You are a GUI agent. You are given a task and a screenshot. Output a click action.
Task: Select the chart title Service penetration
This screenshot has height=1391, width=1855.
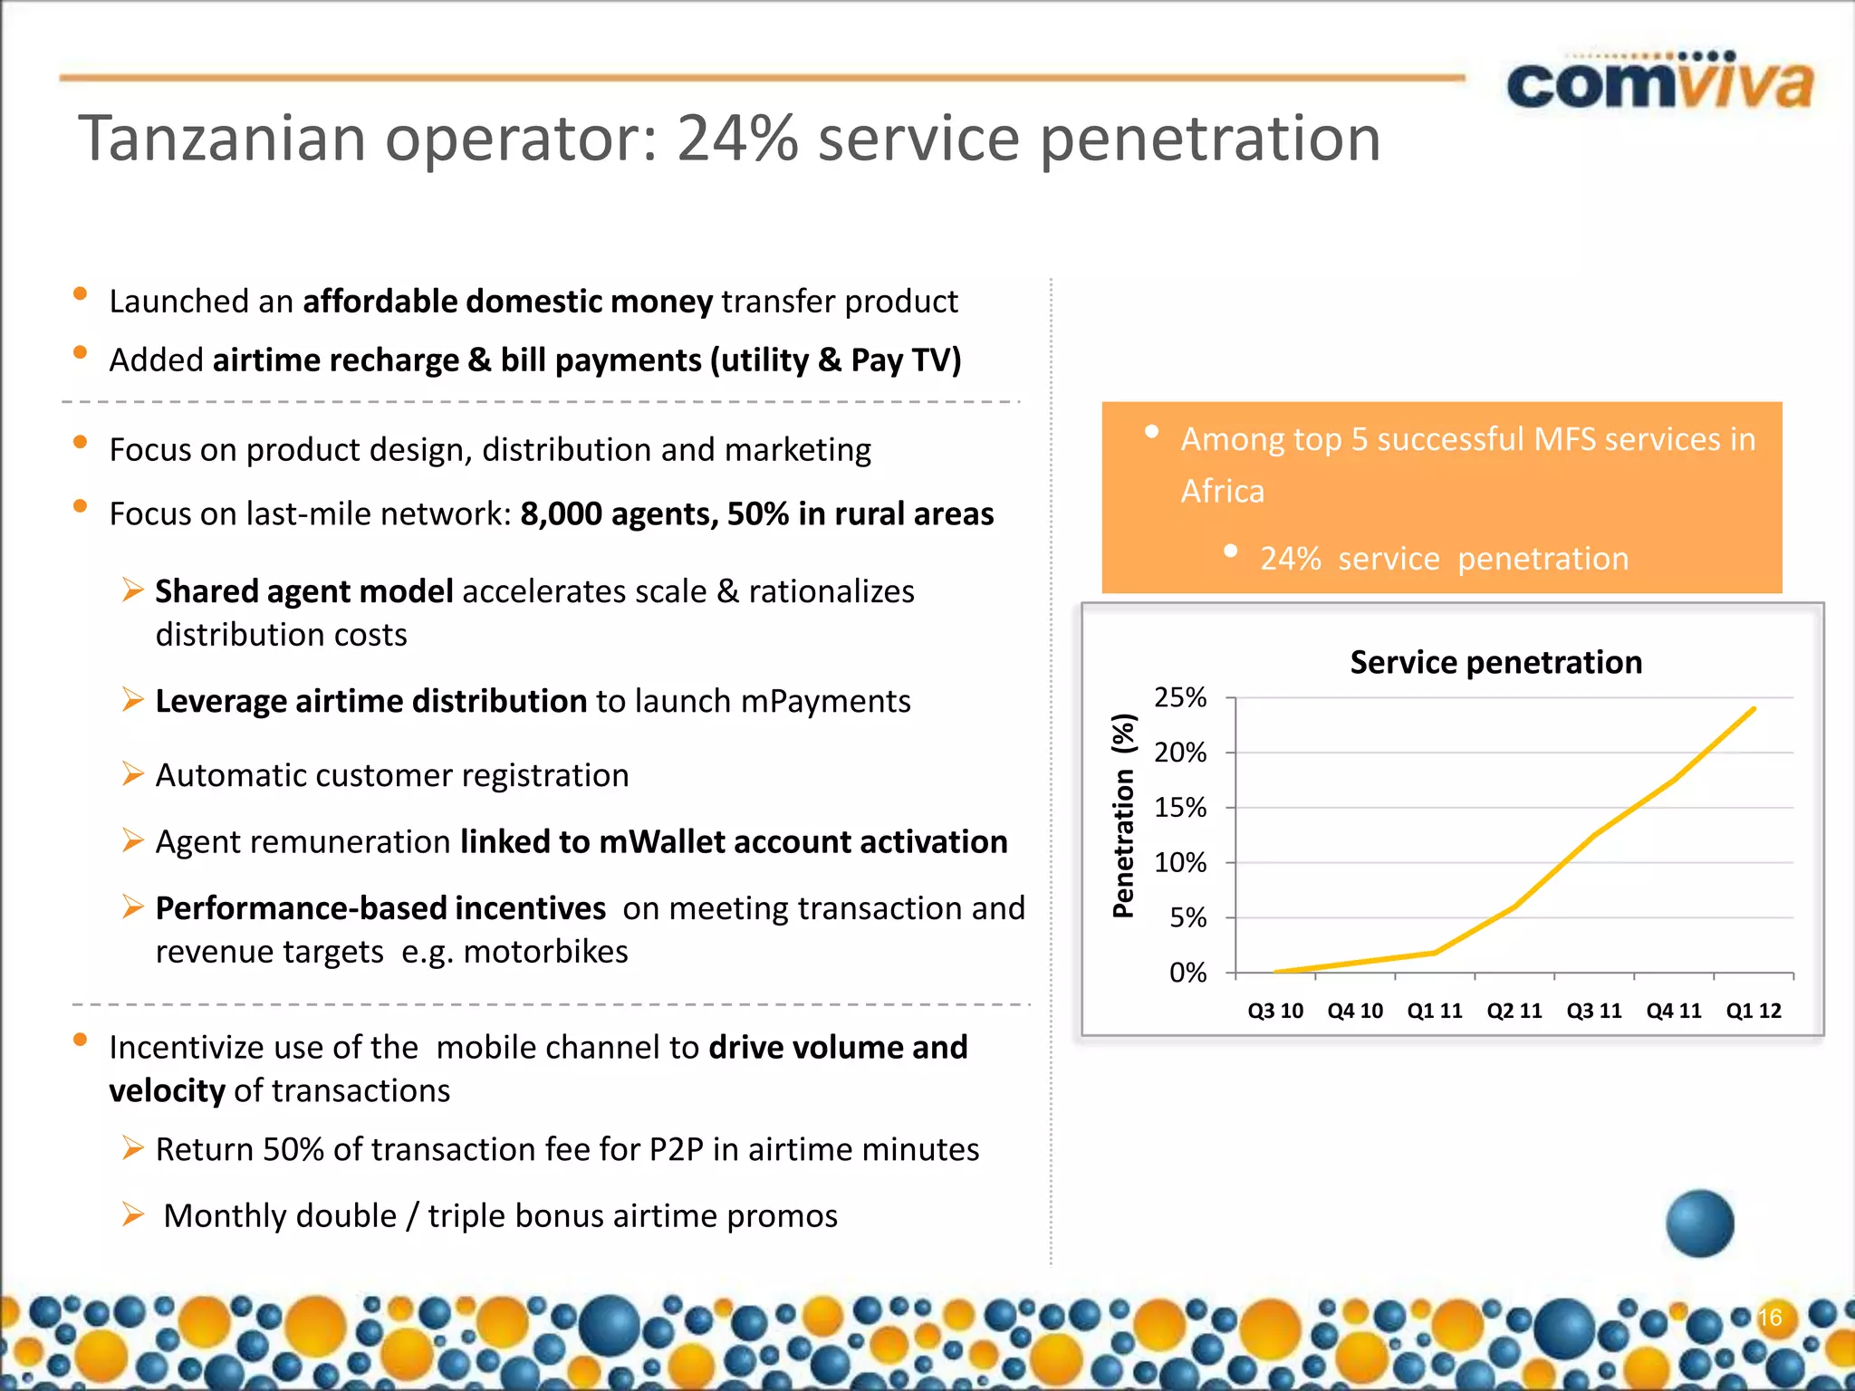pos(1495,662)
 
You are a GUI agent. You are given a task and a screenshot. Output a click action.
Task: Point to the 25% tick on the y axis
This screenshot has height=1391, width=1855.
pos(1180,697)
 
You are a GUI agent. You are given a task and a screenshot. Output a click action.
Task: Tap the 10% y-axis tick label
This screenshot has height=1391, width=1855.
pos(1180,863)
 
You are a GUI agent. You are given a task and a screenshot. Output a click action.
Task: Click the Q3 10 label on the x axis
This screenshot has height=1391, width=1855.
pos(1275,1011)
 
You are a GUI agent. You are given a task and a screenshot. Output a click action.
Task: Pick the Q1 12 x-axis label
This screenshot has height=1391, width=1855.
pos(1754,1011)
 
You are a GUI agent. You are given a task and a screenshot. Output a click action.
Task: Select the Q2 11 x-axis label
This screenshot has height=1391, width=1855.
pos(1514,1011)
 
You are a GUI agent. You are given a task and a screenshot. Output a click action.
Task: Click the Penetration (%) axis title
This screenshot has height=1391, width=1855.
pos(1123,816)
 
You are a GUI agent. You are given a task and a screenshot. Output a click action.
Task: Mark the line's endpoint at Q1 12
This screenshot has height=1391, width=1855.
pos(1754,709)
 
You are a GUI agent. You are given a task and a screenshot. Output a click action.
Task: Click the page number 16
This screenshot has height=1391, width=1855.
pos(1770,1317)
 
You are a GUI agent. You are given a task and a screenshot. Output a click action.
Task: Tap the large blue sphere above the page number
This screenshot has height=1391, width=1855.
pos(1700,1223)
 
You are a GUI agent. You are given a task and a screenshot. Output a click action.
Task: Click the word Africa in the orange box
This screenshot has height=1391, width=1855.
pos(1222,491)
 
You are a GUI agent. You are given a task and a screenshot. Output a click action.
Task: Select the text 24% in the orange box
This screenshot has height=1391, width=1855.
pos(1290,559)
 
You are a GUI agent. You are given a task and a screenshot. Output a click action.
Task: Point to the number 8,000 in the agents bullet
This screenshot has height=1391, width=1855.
pos(561,514)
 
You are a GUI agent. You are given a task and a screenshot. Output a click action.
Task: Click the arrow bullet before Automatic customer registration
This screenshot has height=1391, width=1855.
pos(133,774)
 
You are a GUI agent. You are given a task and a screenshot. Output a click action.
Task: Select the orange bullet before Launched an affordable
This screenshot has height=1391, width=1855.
pos(80,293)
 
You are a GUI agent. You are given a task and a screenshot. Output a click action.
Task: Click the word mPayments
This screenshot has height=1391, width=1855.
pos(825,702)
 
